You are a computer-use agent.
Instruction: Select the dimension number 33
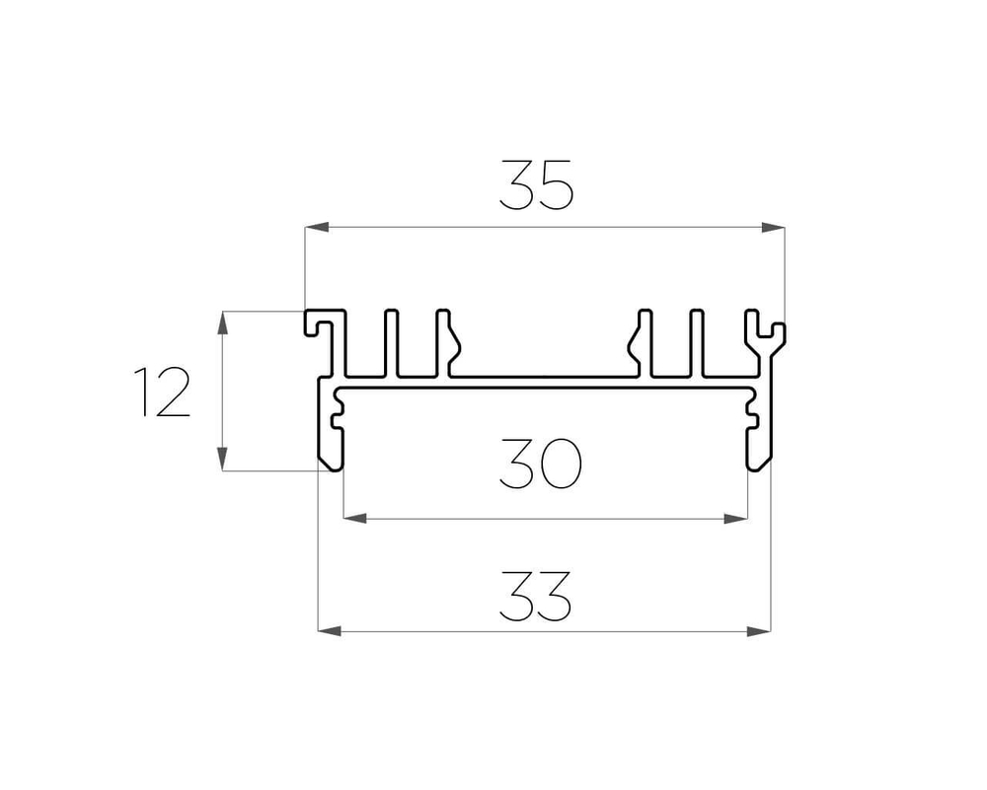536,596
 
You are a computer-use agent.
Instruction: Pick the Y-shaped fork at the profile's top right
766,330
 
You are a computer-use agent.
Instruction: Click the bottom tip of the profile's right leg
758,465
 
